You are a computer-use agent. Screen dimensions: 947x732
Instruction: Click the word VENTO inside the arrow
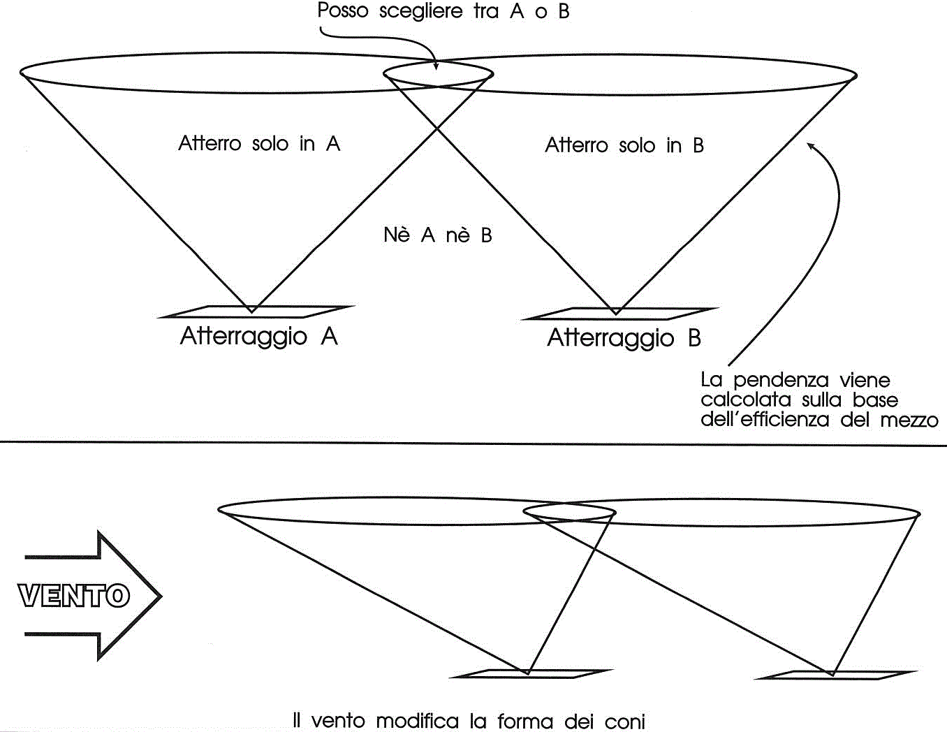74,595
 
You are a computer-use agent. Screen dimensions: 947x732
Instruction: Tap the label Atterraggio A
259,337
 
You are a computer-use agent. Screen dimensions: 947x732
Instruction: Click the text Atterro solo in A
259,144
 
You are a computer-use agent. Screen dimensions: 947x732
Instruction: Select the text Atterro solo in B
624,145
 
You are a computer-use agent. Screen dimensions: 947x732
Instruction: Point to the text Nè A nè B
438,235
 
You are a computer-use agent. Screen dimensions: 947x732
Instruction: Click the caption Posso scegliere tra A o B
443,11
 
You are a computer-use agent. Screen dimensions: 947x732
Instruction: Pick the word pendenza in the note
781,381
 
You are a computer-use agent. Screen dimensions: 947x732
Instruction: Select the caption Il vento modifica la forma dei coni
469,721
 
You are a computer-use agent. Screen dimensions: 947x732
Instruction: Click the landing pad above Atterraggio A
256,312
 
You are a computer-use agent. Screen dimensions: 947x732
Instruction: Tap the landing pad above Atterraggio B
619,314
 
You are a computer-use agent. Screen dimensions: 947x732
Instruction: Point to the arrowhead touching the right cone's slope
812,147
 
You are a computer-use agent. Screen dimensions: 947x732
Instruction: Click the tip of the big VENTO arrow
162,596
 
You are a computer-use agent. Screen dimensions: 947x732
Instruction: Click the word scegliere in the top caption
420,12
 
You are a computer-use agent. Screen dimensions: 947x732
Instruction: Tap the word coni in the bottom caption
624,722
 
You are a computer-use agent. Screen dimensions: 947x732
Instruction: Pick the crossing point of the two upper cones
436,128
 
